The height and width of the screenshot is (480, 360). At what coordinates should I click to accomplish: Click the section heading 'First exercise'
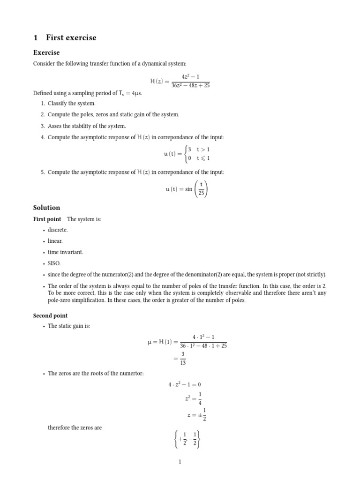coord(71,38)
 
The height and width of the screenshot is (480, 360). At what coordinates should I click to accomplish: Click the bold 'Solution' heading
coord(46,208)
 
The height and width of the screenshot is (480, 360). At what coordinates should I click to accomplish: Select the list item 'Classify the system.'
coord(71,103)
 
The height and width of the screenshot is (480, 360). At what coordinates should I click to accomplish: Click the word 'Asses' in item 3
coord(55,126)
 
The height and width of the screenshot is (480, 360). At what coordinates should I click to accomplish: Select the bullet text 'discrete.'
coord(58,230)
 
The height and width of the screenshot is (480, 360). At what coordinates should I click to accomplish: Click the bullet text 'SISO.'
coord(54,263)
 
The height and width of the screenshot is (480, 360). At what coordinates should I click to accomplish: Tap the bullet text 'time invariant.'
coord(65,252)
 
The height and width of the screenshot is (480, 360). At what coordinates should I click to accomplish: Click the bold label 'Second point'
coord(50,315)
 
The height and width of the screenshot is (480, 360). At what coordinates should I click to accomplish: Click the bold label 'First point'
coord(47,219)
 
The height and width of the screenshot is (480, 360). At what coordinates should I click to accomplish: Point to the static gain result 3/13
coord(183,359)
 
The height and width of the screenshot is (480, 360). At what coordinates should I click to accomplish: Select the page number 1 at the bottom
coord(180,462)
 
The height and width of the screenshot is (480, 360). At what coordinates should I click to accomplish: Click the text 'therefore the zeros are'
coord(75,427)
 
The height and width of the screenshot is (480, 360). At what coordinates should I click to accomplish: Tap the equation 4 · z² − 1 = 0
coord(185,385)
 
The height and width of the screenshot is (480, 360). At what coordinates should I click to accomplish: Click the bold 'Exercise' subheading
coord(46,52)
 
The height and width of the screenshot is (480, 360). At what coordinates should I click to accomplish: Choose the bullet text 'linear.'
coord(55,241)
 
